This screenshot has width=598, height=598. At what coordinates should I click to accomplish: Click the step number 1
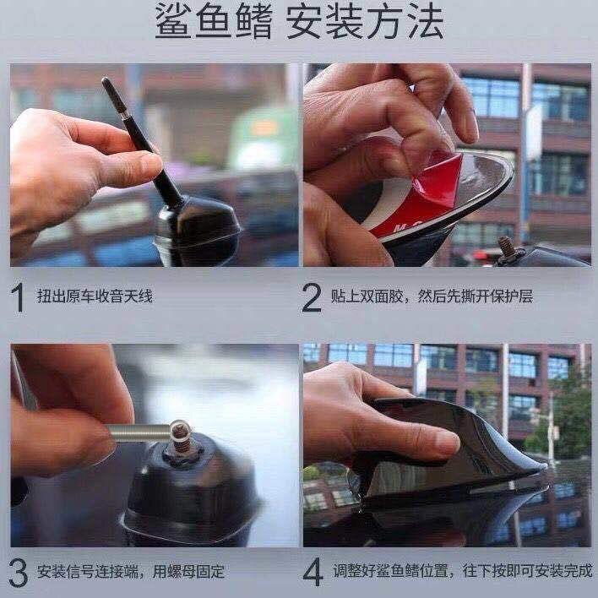[x=18, y=297]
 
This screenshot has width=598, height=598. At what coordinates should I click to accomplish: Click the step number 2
[x=312, y=297]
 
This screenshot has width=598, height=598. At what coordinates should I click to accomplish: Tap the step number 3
[x=18, y=573]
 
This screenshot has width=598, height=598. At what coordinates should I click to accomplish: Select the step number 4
[x=313, y=573]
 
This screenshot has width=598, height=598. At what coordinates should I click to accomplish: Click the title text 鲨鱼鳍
[x=214, y=20]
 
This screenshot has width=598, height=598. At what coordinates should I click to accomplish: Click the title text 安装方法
[x=365, y=20]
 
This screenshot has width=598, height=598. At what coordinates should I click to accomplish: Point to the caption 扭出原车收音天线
[x=95, y=296]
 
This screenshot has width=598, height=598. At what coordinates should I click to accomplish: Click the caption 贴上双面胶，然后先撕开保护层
[x=432, y=296]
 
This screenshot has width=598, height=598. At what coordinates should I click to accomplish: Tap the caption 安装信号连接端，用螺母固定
[x=131, y=572]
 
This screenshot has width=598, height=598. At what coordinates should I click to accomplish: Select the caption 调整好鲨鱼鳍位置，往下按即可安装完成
[x=462, y=571]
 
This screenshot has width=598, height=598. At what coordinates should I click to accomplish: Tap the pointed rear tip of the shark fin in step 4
[x=546, y=466]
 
